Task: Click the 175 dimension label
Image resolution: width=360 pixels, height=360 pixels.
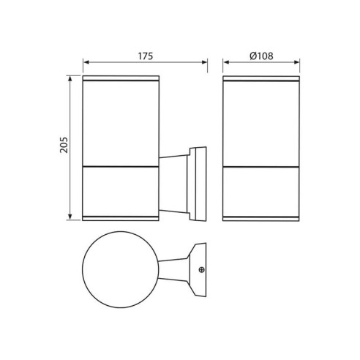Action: tap(146, 56)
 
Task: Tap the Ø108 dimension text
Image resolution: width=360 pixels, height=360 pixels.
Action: tap(261, 56)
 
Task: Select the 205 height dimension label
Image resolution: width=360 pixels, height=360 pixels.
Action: tap(64, 145)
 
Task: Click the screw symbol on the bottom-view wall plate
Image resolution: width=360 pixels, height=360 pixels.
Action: tap(202, 270)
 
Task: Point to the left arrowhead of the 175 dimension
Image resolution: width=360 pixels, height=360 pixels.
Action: tap(86, 62)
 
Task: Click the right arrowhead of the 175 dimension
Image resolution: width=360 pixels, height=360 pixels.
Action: tap(204, 62)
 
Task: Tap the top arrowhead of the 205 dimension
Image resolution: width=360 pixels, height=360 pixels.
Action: tap(70, 79)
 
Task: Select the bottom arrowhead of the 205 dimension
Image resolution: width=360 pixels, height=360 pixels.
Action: tap(70, 217)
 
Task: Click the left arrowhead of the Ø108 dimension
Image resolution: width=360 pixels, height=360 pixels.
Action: tap(226, 62)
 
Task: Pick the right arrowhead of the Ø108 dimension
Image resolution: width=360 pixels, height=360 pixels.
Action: tap(296, 62)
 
